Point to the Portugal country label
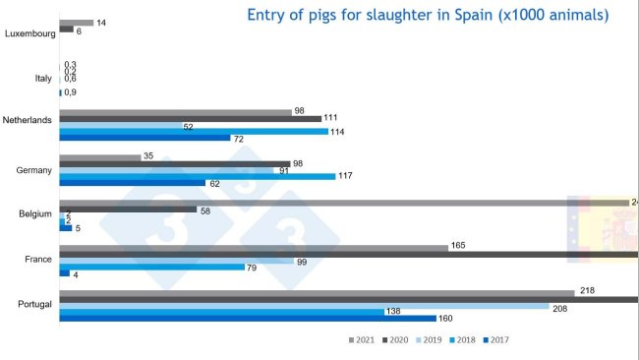click(x=34, y=304)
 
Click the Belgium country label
click(x=35, y=212)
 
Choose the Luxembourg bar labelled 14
click(x=76, y=23)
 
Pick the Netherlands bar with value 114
click(x=207, y=131)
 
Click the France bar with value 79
click(x=151, y=267)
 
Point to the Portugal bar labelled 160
click(x=247, y=318)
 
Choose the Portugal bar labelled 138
click(x=221, y=312)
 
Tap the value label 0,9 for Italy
click(x=70, y=92)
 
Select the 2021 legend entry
click(x=361, y=340)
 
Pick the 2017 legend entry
click(x=497, y=340)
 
